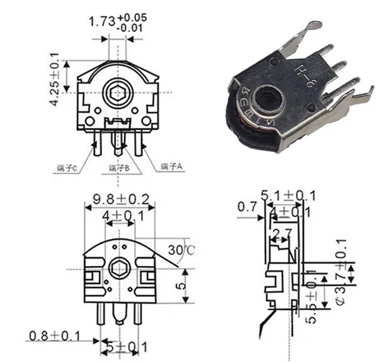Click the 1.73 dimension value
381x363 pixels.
click(102, 22)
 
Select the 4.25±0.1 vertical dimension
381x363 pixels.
click(55, 82)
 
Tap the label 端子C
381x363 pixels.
click(66, 168)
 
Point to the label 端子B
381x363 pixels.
click(119, 168)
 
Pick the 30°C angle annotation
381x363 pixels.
click(182, 249)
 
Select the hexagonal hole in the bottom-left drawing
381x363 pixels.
click(118, 268)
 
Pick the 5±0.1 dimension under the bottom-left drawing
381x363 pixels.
click(121, 347)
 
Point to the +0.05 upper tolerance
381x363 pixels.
click(135, 17)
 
